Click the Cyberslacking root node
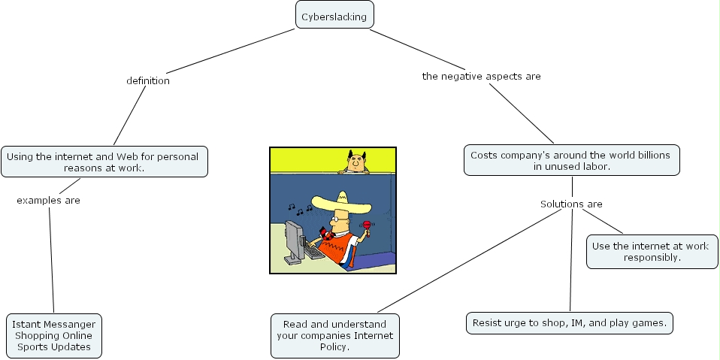coord(334,15)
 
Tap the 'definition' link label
coord(148,81)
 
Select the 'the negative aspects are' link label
coord(481,76)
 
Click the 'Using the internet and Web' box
coord(104,162)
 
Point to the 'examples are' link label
coord(48,200)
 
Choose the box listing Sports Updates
coord(54,336)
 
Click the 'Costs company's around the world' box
coord(572,160)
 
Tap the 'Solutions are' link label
coord(571,204)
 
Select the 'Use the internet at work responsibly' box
coord(652,252)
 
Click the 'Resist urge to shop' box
coord(570,323)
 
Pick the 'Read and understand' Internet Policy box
coord(335,336)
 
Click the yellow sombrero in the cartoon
coord(341,204)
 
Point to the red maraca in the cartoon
coord(367,226)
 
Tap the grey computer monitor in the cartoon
coord(294,241)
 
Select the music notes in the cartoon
coord(300,210)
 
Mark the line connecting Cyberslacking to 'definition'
coord(231,51)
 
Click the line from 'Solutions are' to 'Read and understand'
coord(469,261)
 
